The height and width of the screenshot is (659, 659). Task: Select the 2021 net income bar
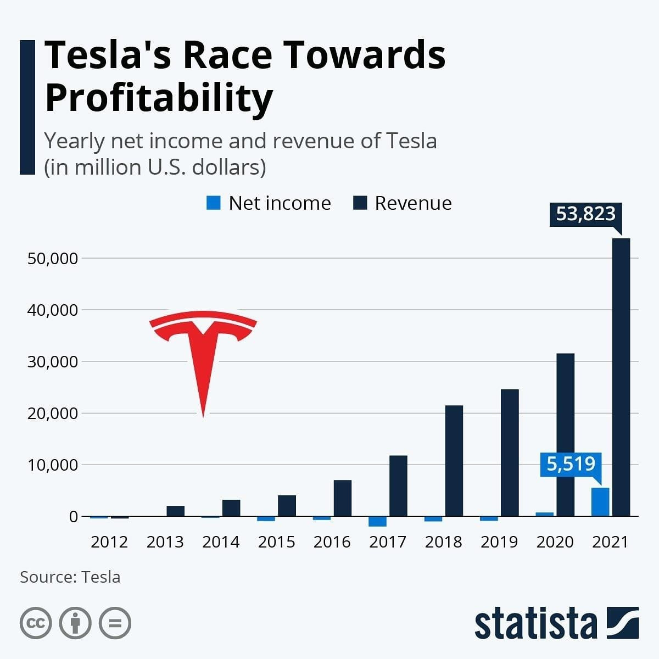click(600, 502)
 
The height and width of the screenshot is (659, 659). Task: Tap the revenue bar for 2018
click(454, 461)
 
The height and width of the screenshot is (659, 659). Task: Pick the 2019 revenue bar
click(510, 453)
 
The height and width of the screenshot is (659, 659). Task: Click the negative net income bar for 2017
click(377, 522)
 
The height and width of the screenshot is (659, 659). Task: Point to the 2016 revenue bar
click(343, 498)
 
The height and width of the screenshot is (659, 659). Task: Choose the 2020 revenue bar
click(566, 434)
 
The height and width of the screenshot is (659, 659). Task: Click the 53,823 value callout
click(585, 214)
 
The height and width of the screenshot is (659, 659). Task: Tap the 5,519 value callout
click(571, 465)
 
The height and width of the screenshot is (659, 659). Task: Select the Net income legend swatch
click(214, 203)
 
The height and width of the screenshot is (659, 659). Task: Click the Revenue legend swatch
click(360, 203)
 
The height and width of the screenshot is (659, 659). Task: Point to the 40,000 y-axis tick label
click(53, 310)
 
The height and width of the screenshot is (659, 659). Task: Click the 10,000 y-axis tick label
click(53, 465)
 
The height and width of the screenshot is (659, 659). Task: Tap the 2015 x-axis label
click(276, 542)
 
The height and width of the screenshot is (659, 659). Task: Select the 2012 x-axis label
click(109, 542)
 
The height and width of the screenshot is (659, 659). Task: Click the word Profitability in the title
click(159, 98)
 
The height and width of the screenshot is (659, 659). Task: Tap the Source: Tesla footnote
click(70, 577)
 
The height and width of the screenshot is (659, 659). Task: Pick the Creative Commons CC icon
click(36, 623)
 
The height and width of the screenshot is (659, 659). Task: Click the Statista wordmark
click(535, 624)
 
